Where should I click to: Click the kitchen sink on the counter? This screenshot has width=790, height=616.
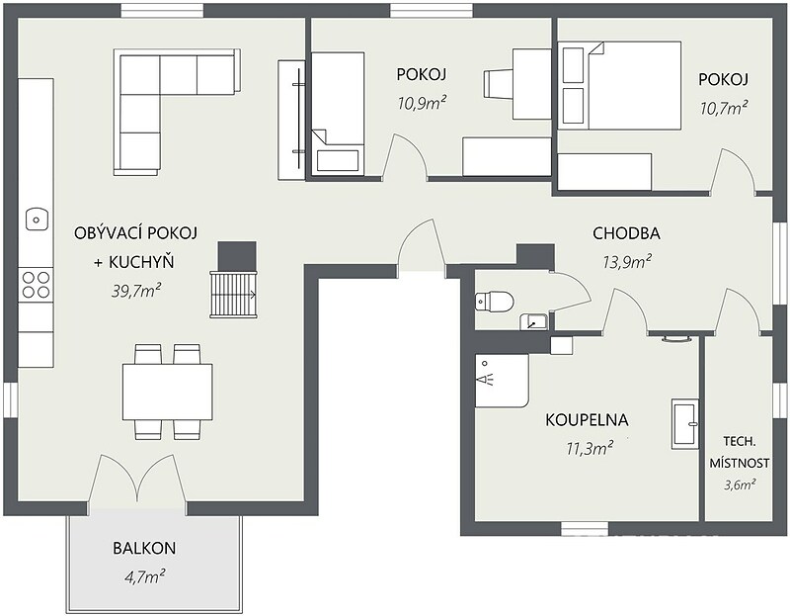tap(37, 220)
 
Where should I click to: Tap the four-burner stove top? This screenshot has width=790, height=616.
tap(36, 285)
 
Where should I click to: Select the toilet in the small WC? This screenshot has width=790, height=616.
tap(495, 302)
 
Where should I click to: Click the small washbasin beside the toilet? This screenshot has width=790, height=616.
tap(533, 321)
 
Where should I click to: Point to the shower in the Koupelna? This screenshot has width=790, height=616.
tap(502, 380)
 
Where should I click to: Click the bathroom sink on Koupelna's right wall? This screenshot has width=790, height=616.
tap(685, 424)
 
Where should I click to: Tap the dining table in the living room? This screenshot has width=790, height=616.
tap(167, 392)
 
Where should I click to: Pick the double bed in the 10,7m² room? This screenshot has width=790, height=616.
tap(620, 86)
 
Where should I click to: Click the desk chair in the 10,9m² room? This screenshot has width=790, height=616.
tap(498, 84)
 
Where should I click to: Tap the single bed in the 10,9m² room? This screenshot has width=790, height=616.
tap(338, 114)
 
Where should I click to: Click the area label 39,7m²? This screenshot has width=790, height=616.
tap(136, 291)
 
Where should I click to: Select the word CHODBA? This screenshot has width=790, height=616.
tap(626, 233)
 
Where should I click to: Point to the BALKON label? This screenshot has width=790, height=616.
tap(144, 548)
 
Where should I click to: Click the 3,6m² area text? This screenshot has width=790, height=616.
tap(740, 484)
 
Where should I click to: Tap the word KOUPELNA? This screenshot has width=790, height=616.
tap(587, 420)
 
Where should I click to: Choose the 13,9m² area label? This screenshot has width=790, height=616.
tap(627, 262)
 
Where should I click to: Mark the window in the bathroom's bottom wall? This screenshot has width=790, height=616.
tap(585, 528)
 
